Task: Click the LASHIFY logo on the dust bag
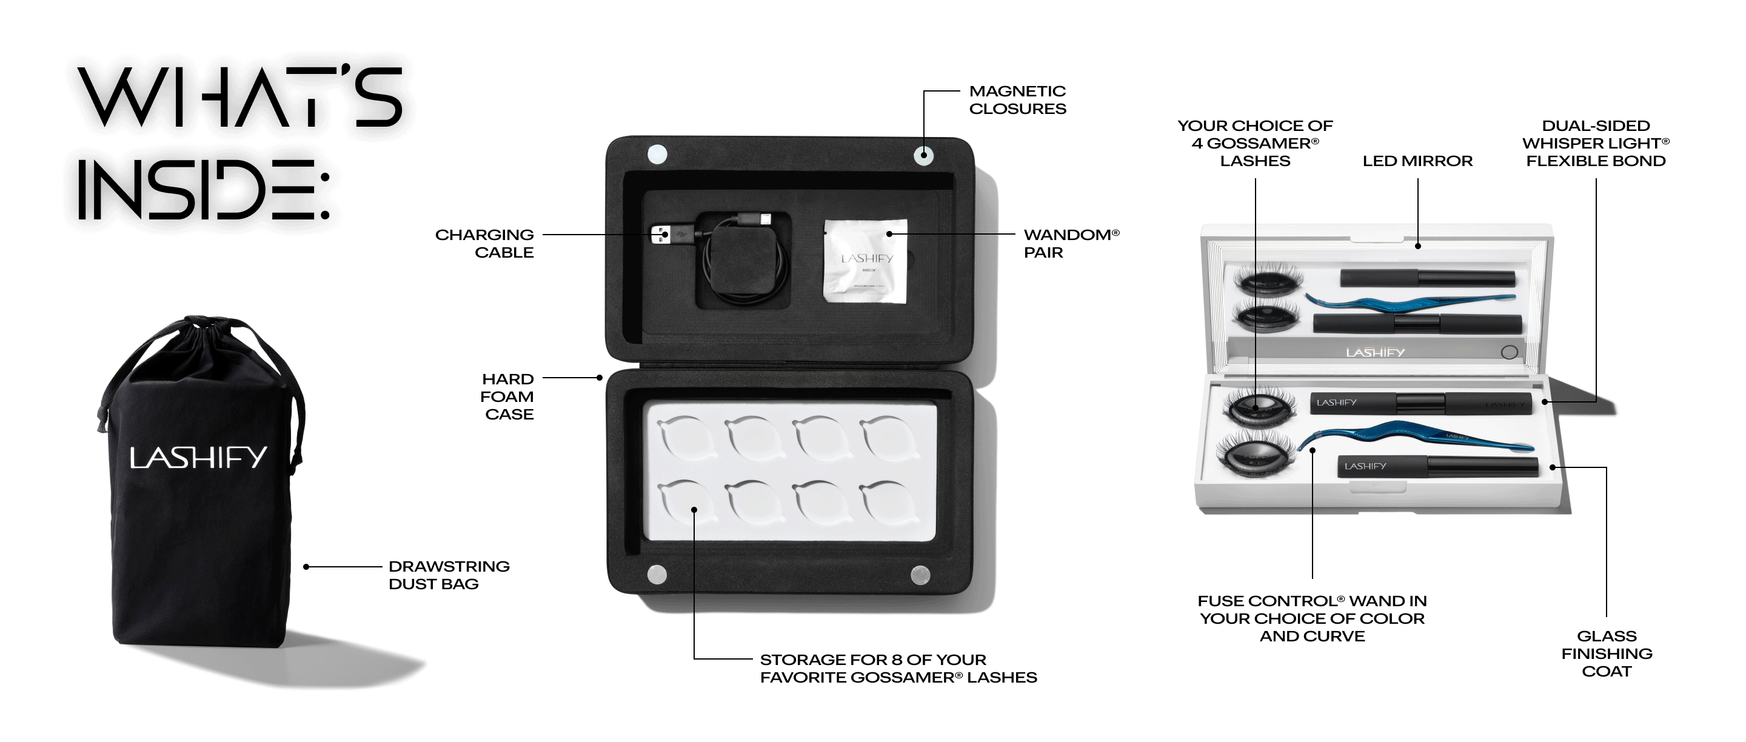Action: pos(198,458)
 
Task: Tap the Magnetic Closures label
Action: pos(1017,99)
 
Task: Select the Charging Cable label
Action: pos(484,243)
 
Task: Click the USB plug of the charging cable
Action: pos(660,235)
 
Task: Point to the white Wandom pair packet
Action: pos(866,260)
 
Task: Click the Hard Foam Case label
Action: pos(507,396)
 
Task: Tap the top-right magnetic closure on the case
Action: pos(923,155)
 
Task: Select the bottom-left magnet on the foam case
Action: pos(657,575)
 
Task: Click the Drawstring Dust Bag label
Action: pos(448,575)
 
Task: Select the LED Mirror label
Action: pos(1417,161)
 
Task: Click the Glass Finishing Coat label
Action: pos(1607,653)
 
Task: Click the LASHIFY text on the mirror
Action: pos(1374,352)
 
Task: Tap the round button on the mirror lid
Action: pos(1510,352)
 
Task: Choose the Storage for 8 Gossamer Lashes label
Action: pos(897,668)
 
